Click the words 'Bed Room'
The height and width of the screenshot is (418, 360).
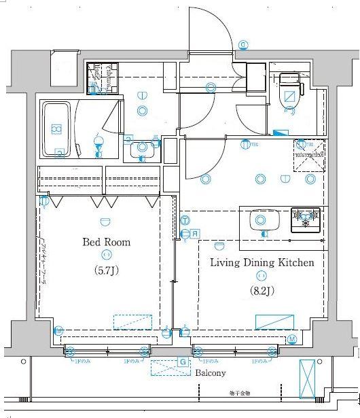[106, 242]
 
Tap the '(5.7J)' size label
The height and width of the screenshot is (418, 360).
[106, 269]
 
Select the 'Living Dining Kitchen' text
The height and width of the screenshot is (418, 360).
[262, 262]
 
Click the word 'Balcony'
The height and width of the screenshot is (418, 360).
[211, 373]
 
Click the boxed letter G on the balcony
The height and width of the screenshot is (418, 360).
[181, 362]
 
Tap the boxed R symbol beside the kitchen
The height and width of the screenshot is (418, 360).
[194, 234]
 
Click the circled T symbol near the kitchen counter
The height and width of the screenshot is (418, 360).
[185, 220]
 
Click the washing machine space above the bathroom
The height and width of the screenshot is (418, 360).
[103, 77]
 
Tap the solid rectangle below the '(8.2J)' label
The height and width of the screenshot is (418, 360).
[275, 322]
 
